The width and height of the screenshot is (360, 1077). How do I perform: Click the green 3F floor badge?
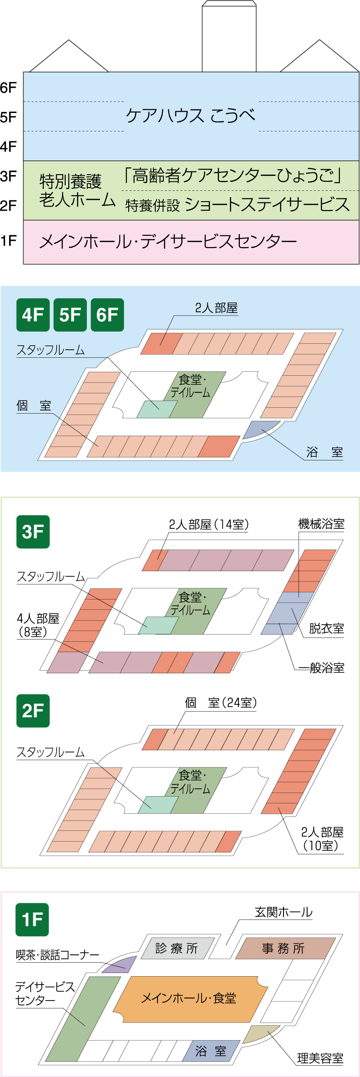coord(33,532)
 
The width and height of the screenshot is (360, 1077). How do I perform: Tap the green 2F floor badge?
coord(33,711)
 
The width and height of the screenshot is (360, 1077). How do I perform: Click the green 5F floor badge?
coord(70,315)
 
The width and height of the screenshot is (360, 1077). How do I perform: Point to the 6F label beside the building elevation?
coord(9,87)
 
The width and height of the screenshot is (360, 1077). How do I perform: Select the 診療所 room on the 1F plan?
coord(177,948)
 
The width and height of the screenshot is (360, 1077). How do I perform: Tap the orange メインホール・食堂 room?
coord(189,999)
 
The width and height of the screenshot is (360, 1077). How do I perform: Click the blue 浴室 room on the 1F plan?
coord(211,1050)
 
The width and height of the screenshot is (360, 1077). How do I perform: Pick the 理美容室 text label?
coord(320,1058)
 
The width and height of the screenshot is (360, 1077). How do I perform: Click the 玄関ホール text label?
coord(283,912)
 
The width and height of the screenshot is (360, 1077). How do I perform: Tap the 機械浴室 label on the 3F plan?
coord(321,524)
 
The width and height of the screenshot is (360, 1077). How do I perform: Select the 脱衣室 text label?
coord(326,628)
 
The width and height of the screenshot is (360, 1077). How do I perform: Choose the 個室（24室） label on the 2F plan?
coord(220,703)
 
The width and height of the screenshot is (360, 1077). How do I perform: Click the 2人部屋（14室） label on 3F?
coord(209,524)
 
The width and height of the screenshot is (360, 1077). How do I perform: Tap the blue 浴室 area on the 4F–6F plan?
coord(260,428)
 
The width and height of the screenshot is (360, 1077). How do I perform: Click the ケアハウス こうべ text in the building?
coord(190,116)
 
